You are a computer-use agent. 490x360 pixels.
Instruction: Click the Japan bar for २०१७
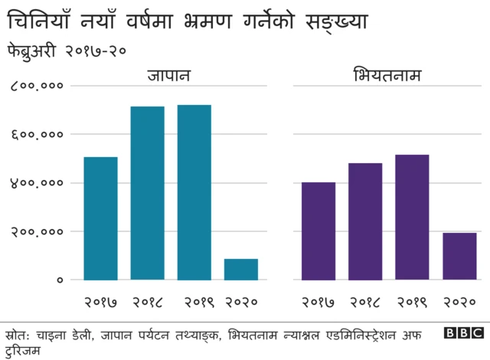tap(100, 218)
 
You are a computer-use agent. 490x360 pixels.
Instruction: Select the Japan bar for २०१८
tap(147, 193)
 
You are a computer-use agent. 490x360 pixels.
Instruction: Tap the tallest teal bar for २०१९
tap(194, 192)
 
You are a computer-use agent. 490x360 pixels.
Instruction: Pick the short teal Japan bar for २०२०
tap(241, 270)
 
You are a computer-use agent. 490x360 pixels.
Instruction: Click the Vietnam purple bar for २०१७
tap(318, 231)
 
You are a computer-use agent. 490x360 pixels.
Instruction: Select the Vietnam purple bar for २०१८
tap(365, 221)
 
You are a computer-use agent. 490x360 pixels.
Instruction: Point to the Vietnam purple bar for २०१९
tap(412, 217)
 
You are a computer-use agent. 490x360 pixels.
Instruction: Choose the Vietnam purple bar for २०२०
tap(459, 256)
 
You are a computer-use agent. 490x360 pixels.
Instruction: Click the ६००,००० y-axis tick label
tap(36, 135)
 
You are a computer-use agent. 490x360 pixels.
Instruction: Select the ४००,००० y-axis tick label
tap(36, 183)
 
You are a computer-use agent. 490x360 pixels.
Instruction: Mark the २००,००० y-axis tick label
tap(36, 231)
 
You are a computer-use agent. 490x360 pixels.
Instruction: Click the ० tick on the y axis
tap(58, 280)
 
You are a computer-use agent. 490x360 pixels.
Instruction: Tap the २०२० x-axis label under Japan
tap(241, 302)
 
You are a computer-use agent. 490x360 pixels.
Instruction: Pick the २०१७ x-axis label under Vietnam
tap(318, 302)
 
